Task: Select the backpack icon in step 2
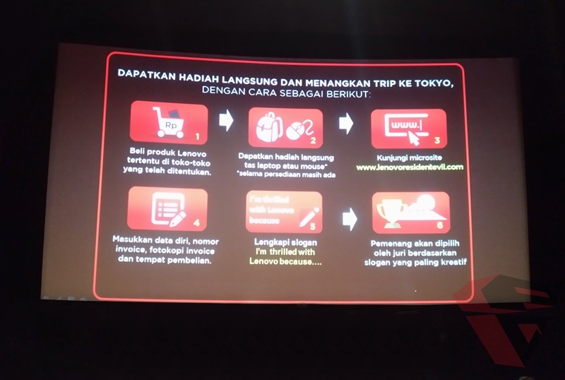(269, 127)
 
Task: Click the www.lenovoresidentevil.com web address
(410, 167)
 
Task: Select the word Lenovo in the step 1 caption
(186, 153)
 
